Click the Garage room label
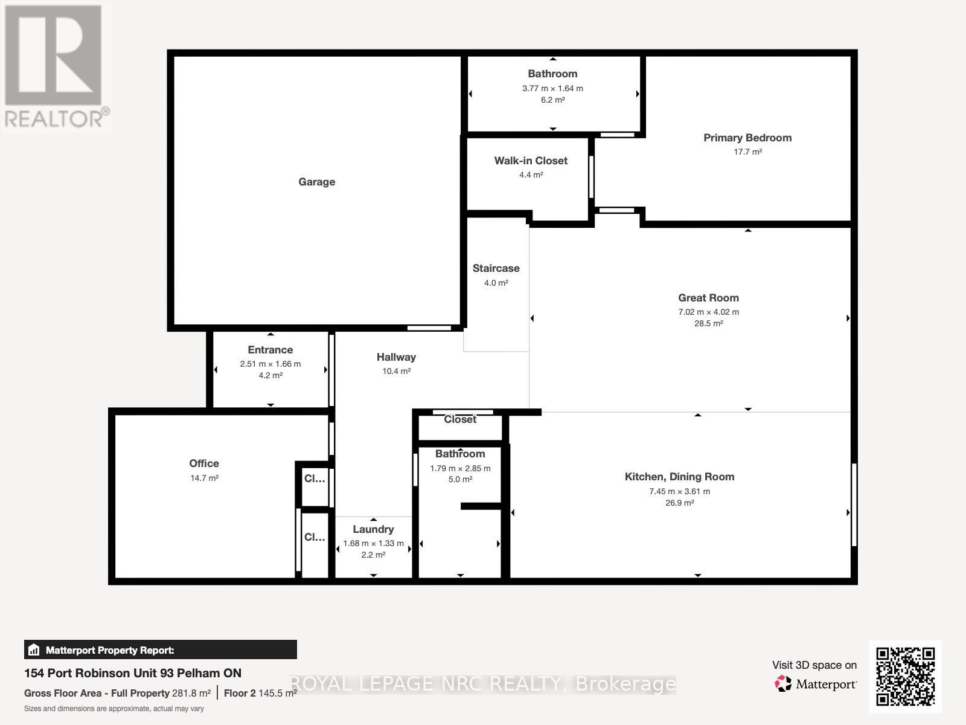(316, 182)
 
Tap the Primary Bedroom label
(747, 138)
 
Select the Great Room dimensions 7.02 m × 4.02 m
(708, 312)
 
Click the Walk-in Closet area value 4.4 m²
(531, 175)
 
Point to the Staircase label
(496, 268)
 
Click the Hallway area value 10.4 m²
(396, 371)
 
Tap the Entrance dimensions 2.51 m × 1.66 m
(270, 364)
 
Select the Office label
(204, 463)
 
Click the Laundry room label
(373, 529)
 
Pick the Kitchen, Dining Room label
(679, 477)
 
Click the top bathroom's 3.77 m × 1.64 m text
(552, 88)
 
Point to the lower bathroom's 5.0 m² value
(460, 479)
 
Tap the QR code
(905, 676)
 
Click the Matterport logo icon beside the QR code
(783, 684)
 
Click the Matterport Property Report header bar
(160, 650)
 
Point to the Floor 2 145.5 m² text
(260, 693)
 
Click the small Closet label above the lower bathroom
(460, 419)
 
